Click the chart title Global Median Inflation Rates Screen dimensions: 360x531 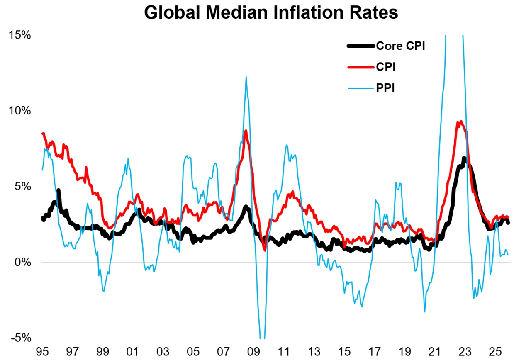coord(271,13)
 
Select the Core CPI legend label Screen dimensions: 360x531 coord(400,46)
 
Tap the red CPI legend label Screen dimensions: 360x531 coord(385,67)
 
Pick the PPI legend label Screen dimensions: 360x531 coord(385,88)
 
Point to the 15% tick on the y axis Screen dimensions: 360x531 coord(20,35)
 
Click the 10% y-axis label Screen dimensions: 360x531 coord(20,111)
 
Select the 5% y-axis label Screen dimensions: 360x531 coord(23,186)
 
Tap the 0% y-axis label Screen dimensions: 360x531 coord(23,262)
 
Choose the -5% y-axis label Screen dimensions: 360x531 coord(21,338)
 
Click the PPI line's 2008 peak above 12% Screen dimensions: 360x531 coord(246,77)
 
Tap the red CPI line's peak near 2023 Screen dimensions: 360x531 coord(460,122)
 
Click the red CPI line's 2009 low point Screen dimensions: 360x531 coord(265,250)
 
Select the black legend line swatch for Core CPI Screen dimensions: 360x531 coord(360,46)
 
